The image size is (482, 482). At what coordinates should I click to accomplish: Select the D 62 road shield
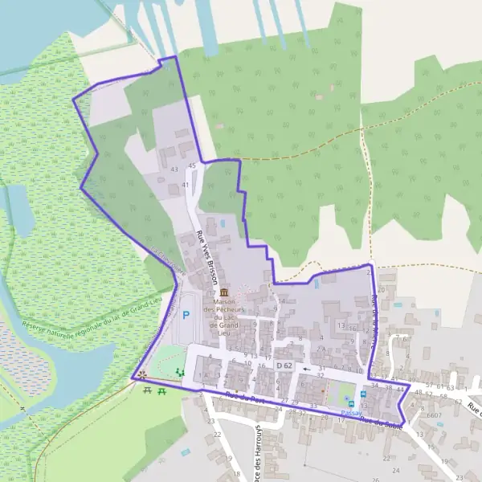point(284,367)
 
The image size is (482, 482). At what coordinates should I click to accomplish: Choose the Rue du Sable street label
point(380,421)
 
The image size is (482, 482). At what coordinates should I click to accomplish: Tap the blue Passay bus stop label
point(352,412)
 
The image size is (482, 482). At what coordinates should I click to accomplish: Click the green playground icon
point(178,371)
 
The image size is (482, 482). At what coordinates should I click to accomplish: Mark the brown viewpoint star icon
point(142,374)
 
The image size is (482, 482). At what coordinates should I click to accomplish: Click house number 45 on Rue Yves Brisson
point(191,165)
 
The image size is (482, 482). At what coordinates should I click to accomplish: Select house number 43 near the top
point(174,170)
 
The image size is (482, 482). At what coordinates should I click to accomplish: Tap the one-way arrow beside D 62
point(306,369)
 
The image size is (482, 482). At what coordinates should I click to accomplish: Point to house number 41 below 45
point(185,186)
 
